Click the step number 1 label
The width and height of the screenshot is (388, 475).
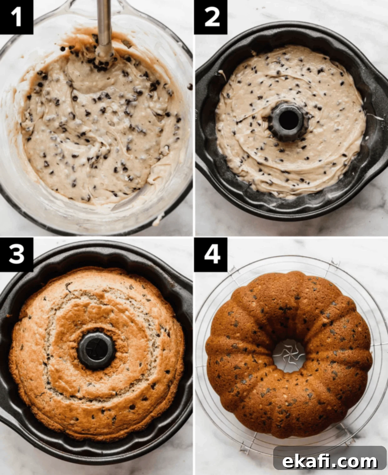(16, 17)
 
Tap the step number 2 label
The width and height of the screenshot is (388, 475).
(211, 17)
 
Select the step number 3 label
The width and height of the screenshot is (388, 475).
(16, 254)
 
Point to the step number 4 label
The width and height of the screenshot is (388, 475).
(211, 254)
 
